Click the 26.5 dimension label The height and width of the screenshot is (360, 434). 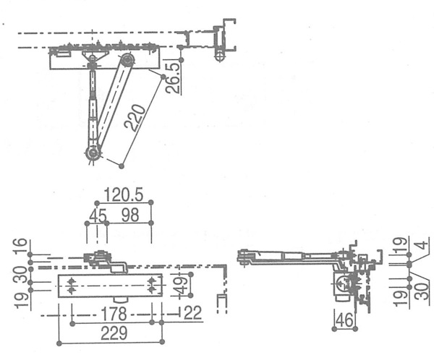(x=173, y=78)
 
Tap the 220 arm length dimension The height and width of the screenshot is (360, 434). (x=135, y=117)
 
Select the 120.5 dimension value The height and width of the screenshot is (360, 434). (x=124, y=194)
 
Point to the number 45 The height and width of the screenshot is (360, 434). (x=98, y=215)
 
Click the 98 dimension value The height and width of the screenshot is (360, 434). (x=130, y=215)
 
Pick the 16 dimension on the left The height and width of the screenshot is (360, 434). (x=20, y=244)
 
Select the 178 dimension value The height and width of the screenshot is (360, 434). (x=114, y=314)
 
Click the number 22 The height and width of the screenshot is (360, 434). (x=192, y=313)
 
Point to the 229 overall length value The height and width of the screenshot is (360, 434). (x=114, y=333)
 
